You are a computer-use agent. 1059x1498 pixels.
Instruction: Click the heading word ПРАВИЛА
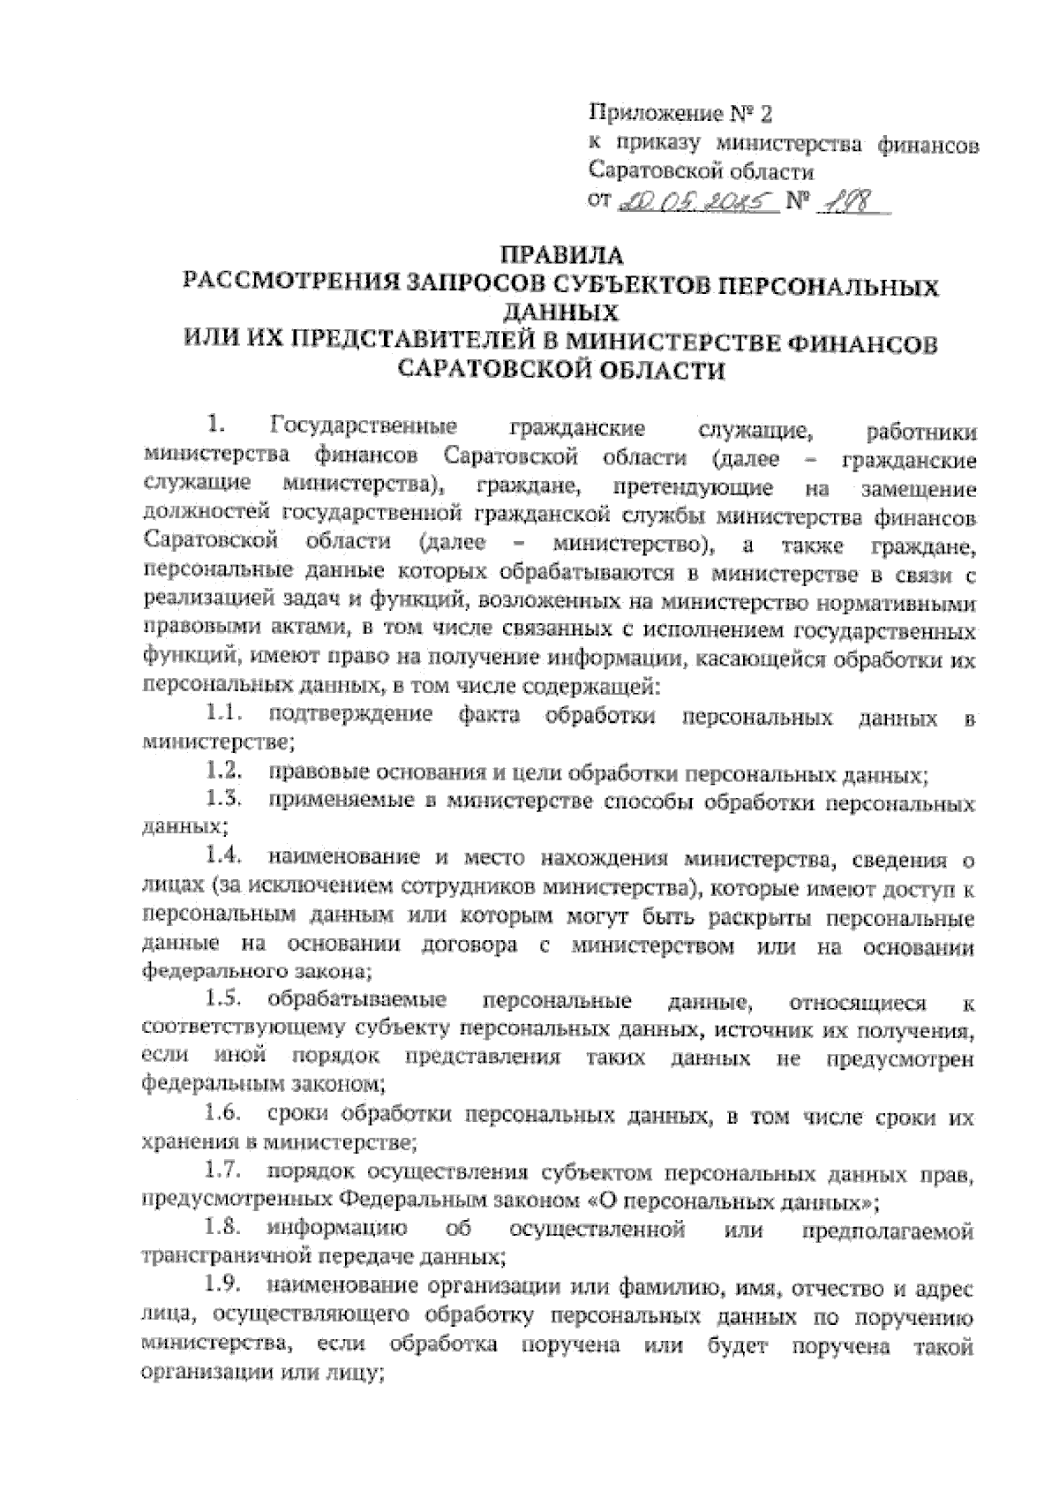[x=561, y=257]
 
